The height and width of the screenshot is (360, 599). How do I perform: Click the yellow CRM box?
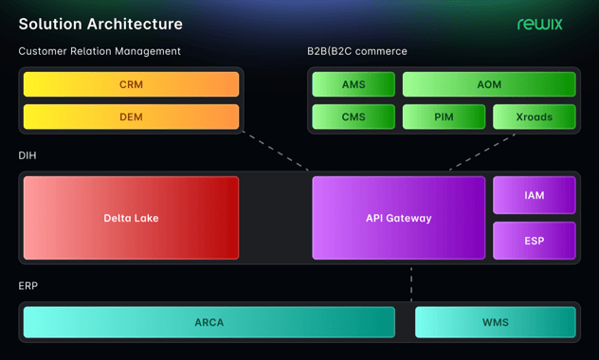pyautogui.click(x=131, y=84)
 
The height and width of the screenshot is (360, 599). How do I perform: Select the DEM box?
pyautogui.click(x=131, y=117)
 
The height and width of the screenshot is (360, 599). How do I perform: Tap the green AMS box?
pyautogui.click(x=353, y=84)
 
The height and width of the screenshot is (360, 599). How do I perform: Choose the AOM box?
pyautogui.click(x=488, y=84)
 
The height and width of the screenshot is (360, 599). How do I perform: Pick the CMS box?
pyautogui.click(x=353, y=117)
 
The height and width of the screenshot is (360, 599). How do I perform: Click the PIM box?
pyautogui.click(x=443, y=117)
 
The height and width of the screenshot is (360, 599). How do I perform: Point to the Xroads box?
pyautogui.click(x=534, y=117)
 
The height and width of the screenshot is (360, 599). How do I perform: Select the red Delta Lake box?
pyautogui.click(x=131, y=218)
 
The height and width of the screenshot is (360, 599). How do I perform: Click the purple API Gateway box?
pyautogui.click(x=398, y=218)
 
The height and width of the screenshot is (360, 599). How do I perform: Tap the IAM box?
pyautogui.click(x=534, y=195)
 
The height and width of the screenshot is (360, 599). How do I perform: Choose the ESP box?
pyautogui.click(x=534, y=241)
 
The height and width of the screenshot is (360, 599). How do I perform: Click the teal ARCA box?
pyautogui.click(x=209, y=322)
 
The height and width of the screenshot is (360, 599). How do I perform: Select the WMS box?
pyautogui.click(x=495, y=322)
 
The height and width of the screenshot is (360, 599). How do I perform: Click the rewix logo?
pyautogui.click(x=539, y=24)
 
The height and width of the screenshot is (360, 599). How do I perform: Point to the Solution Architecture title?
pyautogui.click(x=100, y=24)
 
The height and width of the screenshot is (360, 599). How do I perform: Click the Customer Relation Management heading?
pyautogui.click(x=100, y=51)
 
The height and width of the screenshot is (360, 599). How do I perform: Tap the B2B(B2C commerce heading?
pyautogui.click(x=357, y=51)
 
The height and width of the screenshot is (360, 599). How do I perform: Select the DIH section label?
pyautogui.click(x=28, y=154)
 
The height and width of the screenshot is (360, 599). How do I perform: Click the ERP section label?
pyautogui.click(x=28, y=284)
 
